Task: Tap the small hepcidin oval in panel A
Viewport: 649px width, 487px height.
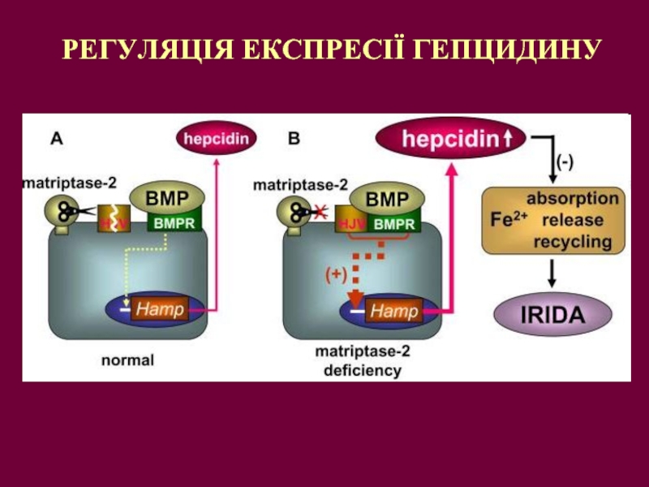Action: tap(213, 138)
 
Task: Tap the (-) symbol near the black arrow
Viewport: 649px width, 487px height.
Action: tap(564, 162)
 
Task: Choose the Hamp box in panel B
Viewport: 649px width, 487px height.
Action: tap(395, 310)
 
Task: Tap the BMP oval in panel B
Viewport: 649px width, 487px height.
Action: tap(387, 198)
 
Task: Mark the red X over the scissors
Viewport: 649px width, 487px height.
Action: tap(320, 213)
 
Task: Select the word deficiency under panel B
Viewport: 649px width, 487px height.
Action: tap(362, 371)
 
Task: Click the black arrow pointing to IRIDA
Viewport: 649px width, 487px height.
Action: tap(552, 274)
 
